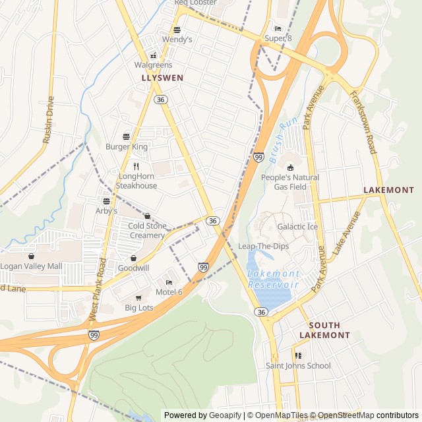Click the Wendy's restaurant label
pos(177,40)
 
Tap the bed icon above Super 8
pos(278,28)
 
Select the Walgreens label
pos(153,65)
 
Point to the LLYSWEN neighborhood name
pos(162,78)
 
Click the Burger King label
pos(127,146)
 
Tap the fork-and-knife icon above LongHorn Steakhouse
pos(136,166)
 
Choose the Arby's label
pos(105,210)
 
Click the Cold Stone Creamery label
pos(146,231)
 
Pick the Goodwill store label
pos(134,268)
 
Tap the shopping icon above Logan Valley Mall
pos(31,256)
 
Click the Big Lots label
pos(138,307)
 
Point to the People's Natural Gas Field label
pos(289,182)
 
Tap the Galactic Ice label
pos(297,227)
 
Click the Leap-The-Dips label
pos(263,246)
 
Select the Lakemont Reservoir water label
pos(273,279)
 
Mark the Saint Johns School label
pos(298,365)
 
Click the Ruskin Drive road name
pos(48,120)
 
